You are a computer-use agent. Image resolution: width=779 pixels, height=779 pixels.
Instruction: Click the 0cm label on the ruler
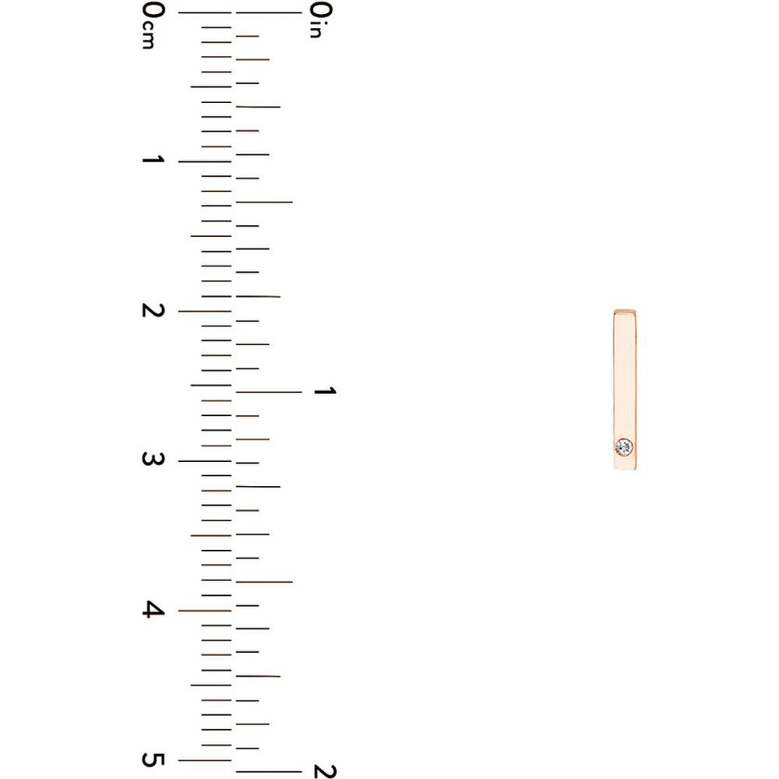pos(153,26)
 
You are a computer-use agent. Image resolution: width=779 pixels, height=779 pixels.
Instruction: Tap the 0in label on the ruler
pos(321,20)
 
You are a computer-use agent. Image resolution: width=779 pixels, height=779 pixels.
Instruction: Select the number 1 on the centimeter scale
pos(153,160)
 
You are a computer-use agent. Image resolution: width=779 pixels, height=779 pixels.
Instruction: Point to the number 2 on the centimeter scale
pos(153,310)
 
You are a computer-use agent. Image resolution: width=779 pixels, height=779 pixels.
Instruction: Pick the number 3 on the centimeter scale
pos(153,459)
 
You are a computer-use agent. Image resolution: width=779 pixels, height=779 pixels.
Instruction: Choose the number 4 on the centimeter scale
pos(153,610)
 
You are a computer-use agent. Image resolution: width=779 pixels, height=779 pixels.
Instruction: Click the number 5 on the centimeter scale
pos(153,760)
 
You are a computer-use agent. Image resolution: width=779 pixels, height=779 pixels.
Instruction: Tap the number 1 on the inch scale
pos(325,391)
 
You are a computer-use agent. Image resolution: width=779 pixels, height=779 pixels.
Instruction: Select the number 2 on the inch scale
pos(325,771)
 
